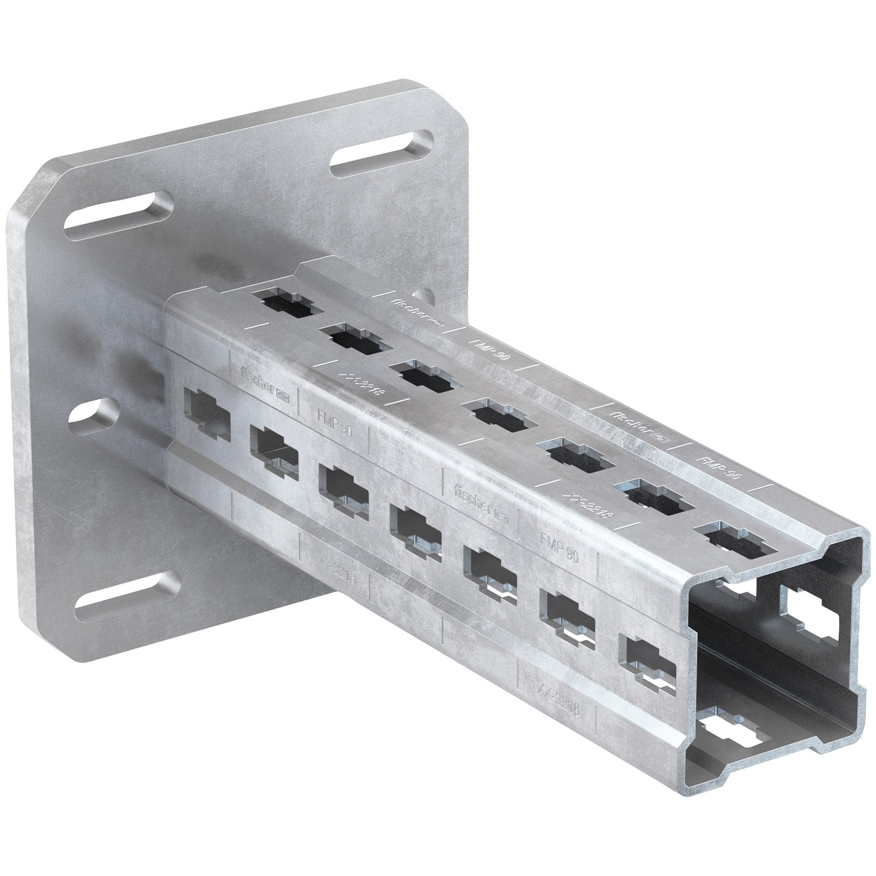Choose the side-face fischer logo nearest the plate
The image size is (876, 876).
click(264, 379)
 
